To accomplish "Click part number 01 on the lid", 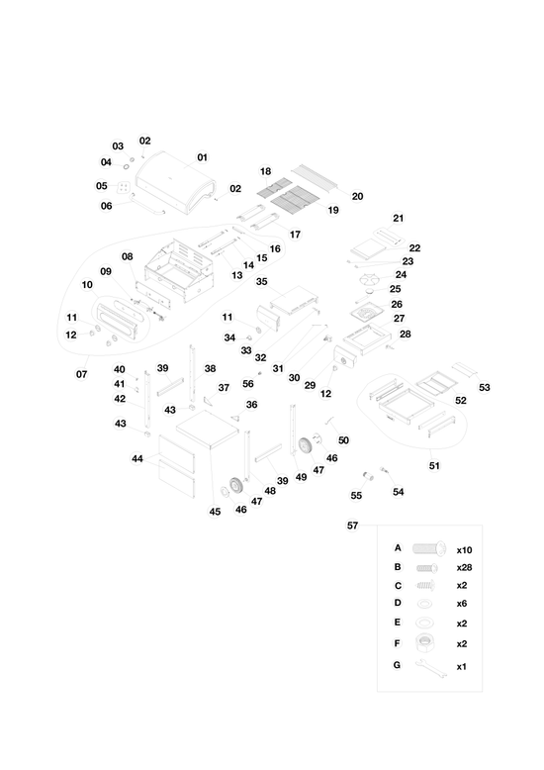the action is tap(203, 157).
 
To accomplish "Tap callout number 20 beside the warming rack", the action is tap(357, 196).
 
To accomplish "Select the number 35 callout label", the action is tap(262, 281).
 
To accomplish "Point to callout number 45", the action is tap(215, 512).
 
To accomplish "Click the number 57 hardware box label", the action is tap(352, 526).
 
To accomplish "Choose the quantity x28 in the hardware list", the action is tap(464, 568).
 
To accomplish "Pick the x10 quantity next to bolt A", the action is tap(464, 550).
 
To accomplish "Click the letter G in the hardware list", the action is tap(397, 665).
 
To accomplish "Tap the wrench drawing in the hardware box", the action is tap(431, 669).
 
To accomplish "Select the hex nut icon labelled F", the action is tap(424, 642).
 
